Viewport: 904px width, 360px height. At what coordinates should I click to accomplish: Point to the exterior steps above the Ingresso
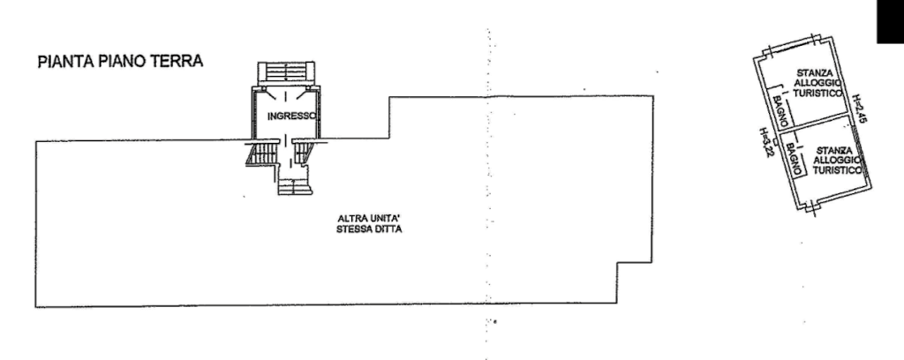click(286, 70)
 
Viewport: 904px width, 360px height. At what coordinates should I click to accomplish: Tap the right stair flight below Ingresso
click(305, 153)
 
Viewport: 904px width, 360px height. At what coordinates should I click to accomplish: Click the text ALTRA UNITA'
click(370, 219)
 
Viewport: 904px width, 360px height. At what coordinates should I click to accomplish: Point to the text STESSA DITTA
click(370, 230)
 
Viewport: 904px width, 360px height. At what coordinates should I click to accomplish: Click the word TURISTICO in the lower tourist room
click(836, 168)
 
